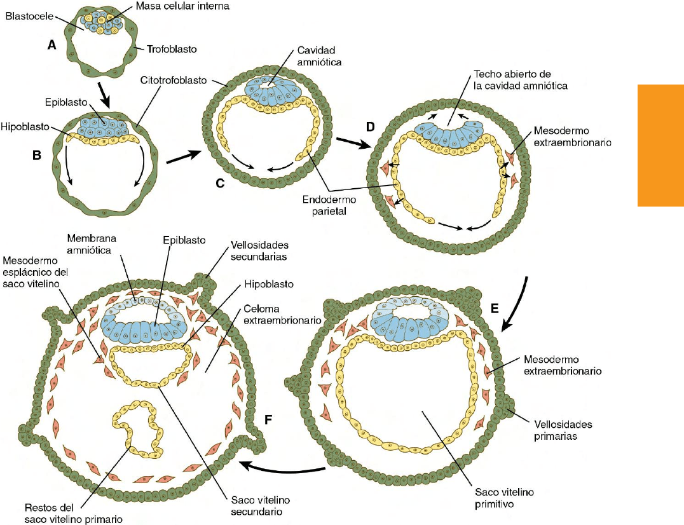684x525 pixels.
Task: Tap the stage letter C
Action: point(221,184)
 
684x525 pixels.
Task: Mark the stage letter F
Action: point(268,419)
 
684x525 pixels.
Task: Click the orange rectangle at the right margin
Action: point(660,147)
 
